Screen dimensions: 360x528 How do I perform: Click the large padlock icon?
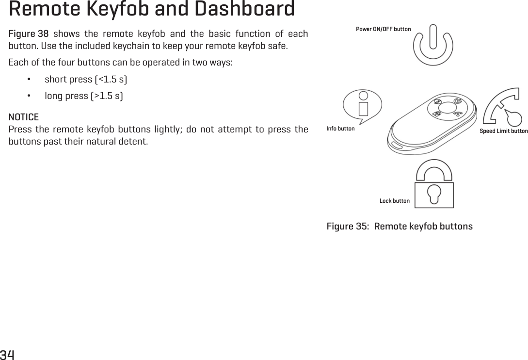434,184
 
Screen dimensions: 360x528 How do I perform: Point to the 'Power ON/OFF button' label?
383,29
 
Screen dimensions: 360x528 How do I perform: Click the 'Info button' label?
340,129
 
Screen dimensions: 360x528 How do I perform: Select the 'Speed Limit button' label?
503,131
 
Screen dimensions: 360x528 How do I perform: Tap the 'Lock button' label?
394,201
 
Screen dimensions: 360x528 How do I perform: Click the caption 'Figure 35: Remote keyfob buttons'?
400,227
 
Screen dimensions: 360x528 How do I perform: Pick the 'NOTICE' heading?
24,118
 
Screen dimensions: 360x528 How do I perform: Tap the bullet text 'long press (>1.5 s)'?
83,96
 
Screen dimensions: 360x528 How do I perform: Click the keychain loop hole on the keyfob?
396,146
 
